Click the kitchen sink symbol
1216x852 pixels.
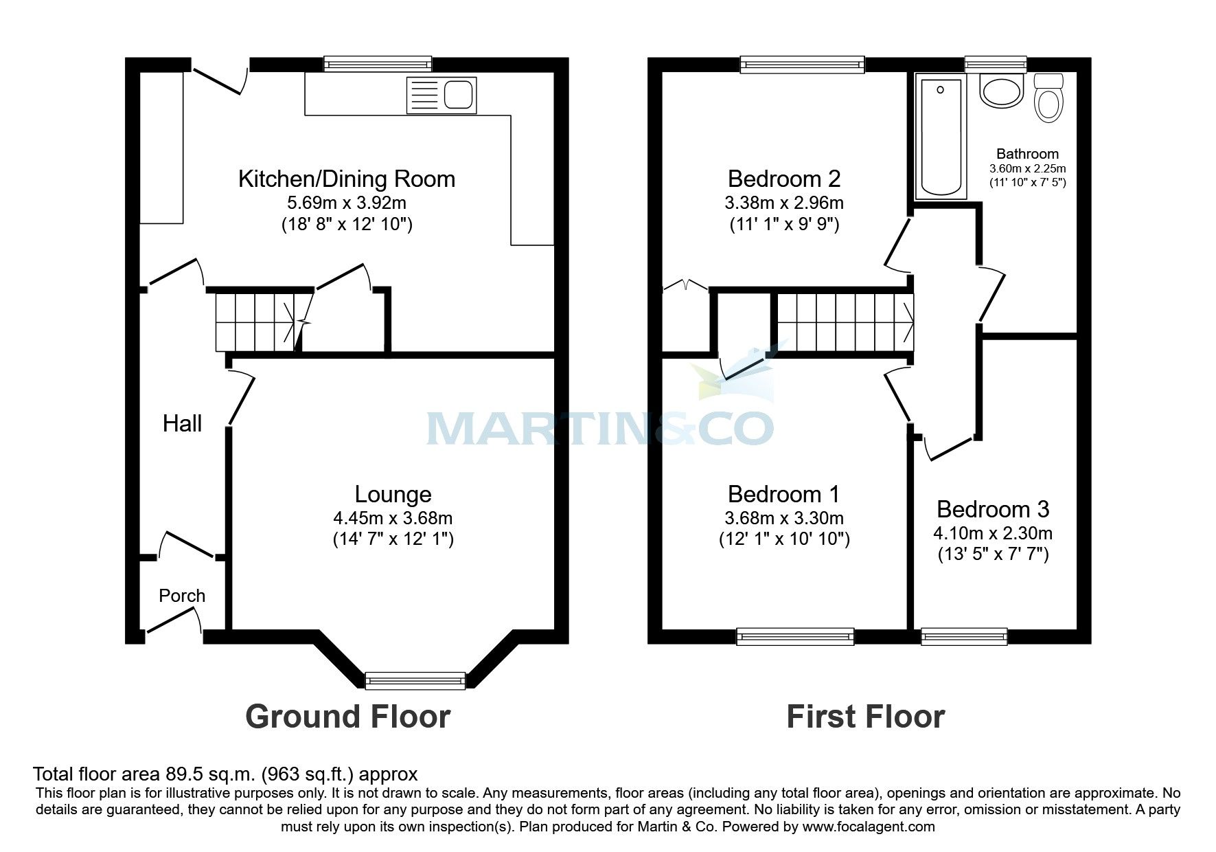pos(441,95)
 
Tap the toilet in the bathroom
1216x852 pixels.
pos(1048,99)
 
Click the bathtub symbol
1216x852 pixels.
pos(939,137)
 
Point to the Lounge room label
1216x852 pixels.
pos(393,494)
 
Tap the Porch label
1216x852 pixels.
pos(182,596)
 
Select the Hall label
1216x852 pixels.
pos(182,423)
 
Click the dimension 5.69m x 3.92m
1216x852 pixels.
pos(347,203)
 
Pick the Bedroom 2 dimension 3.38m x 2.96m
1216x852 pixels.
pos(783,203)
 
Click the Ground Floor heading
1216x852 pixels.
pos(347,717)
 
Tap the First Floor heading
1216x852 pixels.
pos(865,717)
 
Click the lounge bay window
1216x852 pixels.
pos(415,680)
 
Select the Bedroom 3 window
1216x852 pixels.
pos(964,636)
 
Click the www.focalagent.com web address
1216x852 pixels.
pos(868,827)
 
